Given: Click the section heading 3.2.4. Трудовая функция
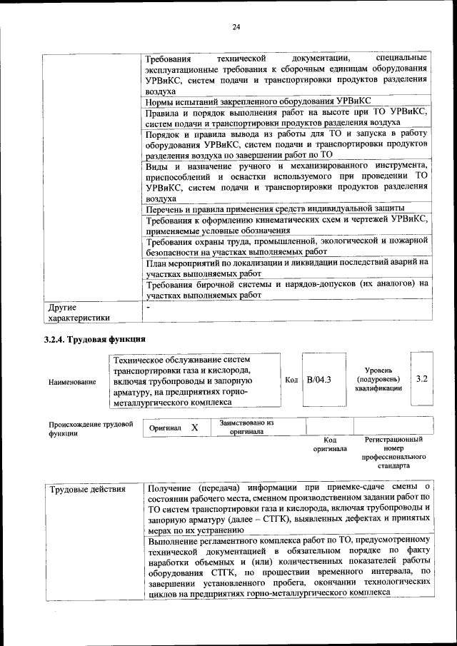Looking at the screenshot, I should point(95,339).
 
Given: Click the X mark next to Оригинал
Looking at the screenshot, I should point(194,427).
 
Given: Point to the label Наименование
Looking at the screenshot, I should point(72,382).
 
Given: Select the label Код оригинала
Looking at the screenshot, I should point(330,445).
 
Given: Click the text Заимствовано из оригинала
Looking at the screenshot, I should point(246,427).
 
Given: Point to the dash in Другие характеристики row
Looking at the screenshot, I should point(147,307).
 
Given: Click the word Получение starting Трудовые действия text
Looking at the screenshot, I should point(169,489).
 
